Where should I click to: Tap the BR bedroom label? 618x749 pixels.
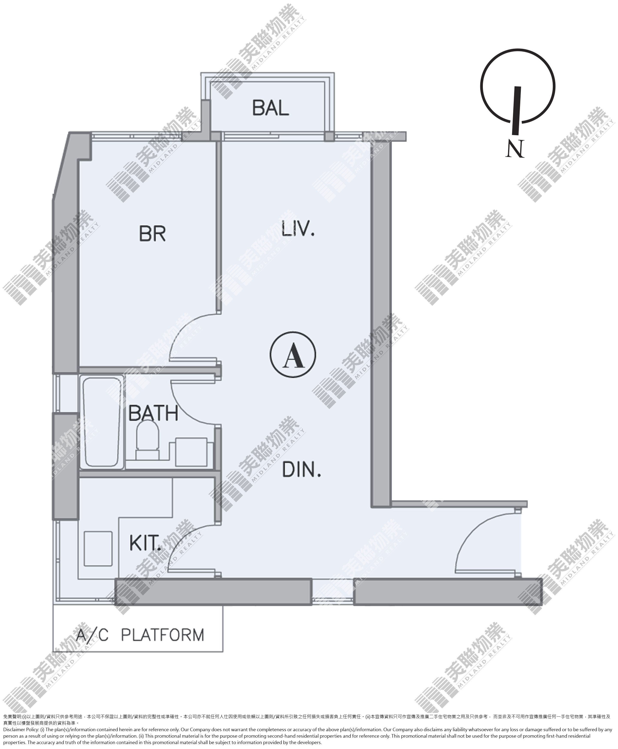(152, 234)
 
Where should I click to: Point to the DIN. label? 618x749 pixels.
(301, 470)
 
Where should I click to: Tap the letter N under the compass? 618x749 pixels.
(515, 149)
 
